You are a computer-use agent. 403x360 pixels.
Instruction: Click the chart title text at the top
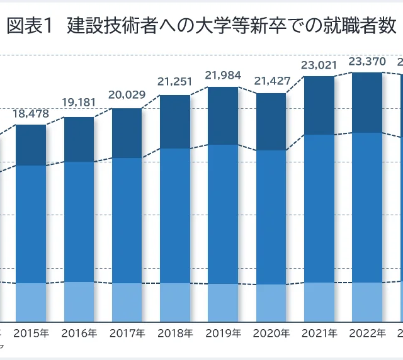[201, 26]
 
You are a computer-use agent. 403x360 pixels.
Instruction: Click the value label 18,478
[30, 113]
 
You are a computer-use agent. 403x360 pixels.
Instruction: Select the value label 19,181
[79, 103]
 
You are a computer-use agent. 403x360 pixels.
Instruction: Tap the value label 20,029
[127, 95]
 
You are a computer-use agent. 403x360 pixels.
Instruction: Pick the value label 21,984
[223, 76]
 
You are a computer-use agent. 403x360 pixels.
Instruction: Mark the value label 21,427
[271, 81]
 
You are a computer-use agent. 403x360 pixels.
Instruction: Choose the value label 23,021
[319, 64]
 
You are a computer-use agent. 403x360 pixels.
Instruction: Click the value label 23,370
[367, 61]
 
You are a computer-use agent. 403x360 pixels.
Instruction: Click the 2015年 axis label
[31, 332]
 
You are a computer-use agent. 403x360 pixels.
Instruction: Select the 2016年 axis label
[79, 332]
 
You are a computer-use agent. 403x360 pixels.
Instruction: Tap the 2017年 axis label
[127, 332]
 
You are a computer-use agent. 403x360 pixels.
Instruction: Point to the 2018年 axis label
[175, 332]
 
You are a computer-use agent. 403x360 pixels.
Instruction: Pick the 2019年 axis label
[223, 332]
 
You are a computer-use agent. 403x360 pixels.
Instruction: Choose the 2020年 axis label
[271, 332]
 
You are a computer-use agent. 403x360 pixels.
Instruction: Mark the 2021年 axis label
[319, 332]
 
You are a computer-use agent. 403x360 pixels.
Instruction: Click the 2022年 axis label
[367, 332]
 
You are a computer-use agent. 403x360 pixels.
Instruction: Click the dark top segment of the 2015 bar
[31, 145]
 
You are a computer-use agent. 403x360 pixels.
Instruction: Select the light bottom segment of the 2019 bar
[223, 303]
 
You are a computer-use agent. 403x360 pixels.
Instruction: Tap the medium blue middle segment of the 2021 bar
[319, 208]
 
